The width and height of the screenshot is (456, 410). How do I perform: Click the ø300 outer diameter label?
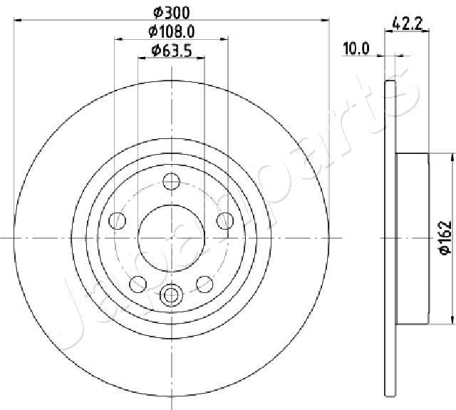172,12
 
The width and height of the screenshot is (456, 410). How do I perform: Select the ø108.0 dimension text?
172,31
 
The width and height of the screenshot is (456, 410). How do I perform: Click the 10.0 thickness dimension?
356,48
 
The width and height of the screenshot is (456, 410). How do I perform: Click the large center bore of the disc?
172,237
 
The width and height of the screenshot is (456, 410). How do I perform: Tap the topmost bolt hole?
172,183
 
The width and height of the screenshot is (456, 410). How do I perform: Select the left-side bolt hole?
117,221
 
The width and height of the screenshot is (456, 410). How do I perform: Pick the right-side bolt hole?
226,221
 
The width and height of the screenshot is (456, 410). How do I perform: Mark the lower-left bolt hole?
138,285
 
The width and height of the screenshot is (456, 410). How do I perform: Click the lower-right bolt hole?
205,285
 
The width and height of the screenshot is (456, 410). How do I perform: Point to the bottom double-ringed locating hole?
172,294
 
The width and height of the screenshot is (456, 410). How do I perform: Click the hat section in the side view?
412,237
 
